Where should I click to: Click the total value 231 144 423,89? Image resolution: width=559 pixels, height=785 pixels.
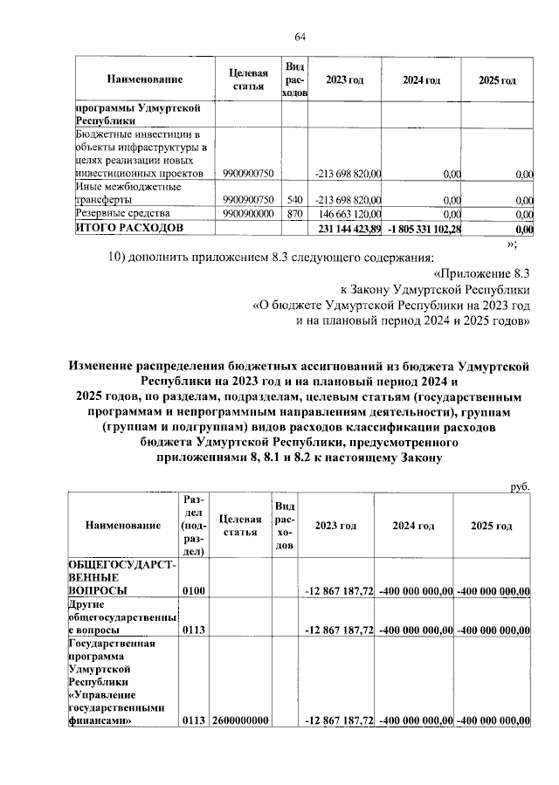[348, 229]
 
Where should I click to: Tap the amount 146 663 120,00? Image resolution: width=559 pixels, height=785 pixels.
[348, 213]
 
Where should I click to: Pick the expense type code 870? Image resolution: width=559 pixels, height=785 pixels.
[294, 213]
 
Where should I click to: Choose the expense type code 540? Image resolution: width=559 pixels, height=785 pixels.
[294, 198]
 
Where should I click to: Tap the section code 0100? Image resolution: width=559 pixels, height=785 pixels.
[193, 592]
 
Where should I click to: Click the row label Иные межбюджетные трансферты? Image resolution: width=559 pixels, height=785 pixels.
[128, 192]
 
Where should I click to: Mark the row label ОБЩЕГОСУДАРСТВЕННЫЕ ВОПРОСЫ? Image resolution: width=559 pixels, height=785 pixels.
[122, 578]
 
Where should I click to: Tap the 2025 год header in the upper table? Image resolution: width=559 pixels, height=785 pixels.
[496, 80]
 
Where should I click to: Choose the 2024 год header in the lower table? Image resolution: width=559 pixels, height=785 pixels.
[414, 526]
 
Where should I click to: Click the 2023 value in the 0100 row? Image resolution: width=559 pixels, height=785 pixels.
[339, 592]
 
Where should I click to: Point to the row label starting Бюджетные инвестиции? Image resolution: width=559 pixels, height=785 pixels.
[140, 154]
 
